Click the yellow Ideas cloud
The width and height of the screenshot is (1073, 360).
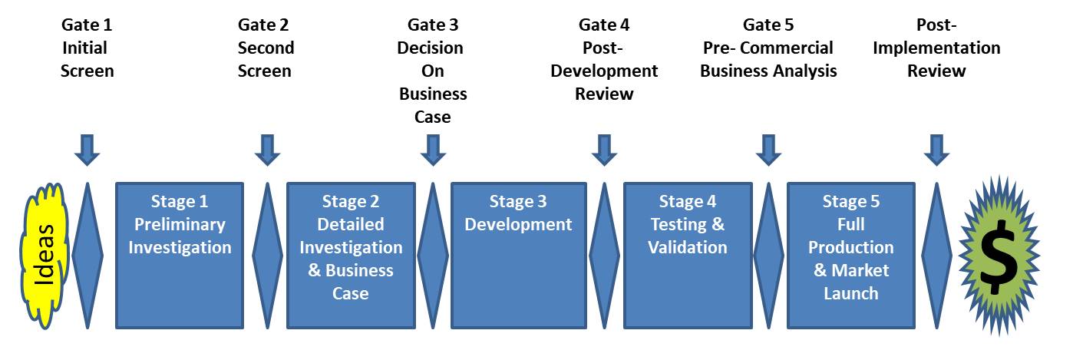45,255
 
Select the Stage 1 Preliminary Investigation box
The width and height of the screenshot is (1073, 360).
179,254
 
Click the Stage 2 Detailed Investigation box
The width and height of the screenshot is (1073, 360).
351,254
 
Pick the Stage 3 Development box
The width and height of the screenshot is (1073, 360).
518,254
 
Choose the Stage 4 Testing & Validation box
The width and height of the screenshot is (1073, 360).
688,254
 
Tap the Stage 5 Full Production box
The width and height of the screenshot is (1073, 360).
851,254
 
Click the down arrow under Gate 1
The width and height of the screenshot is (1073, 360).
87,150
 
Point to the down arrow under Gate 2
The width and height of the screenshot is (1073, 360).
267,150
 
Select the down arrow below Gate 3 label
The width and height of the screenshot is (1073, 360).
433,150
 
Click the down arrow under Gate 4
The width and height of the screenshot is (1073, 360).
604,150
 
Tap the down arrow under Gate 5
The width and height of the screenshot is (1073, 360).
768,150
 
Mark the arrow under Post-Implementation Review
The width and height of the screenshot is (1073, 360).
936,150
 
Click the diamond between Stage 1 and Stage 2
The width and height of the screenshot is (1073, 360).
267,254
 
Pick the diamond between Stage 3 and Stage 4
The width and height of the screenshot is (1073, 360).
604,254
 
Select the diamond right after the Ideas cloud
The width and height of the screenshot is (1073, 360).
87,254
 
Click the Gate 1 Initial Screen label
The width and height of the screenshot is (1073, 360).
87,48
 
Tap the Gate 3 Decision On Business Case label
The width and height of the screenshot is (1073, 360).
431,71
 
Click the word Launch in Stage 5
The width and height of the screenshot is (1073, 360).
851,293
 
